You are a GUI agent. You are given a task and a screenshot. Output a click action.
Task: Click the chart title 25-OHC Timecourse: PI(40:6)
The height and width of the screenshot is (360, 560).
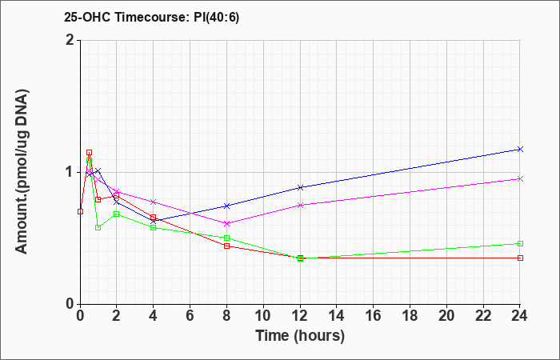click(151, 17)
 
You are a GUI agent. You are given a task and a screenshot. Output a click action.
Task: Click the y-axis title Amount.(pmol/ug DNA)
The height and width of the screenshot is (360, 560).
click(22, 172)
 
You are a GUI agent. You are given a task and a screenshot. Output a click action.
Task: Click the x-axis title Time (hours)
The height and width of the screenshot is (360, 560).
click(300, 336)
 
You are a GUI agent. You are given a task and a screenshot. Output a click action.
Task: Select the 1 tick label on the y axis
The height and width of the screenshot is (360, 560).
click(70, 172)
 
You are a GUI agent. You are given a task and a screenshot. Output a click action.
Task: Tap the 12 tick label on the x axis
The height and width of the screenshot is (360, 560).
click(300, 316)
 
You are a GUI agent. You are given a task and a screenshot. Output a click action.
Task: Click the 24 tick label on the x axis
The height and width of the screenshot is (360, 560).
click(520, 316)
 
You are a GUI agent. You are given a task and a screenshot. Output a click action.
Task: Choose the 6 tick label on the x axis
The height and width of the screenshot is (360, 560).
click(190, 316)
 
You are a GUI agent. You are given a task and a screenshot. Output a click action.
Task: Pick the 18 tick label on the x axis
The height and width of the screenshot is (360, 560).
click(410, 316)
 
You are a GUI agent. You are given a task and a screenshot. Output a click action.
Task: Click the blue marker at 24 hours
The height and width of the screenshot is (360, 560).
click(520, 150)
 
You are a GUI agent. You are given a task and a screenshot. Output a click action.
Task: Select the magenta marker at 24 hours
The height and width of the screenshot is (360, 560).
click(520, 179)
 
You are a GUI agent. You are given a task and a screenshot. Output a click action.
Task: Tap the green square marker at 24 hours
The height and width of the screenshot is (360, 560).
click(520, 243)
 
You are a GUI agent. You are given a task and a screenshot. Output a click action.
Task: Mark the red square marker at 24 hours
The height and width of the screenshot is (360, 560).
click(520, 258)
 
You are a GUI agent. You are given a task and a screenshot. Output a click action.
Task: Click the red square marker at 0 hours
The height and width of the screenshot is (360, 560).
click(80, 211)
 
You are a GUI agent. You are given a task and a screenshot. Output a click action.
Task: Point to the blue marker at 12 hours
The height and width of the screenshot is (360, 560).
click(300, 187)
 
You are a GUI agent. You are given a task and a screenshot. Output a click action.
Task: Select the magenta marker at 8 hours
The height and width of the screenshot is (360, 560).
click(226, 223)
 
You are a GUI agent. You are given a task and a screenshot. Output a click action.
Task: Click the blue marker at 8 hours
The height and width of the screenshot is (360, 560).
click(226, 206)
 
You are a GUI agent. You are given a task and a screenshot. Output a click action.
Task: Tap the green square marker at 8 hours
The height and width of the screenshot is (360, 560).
click(226, 238)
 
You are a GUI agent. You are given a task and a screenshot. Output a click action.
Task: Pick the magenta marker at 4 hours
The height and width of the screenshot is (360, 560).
click(154, 202)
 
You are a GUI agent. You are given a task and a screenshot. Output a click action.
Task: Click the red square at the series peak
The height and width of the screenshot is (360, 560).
click(90, 153)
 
